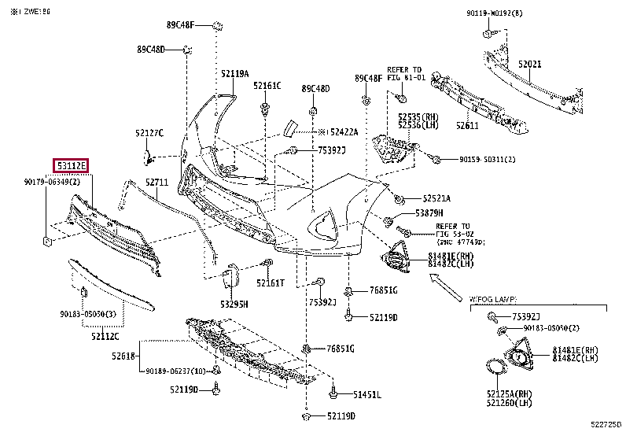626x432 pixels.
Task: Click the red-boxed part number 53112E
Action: (x=70, y=165)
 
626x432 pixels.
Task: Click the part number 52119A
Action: (x=234, y=73)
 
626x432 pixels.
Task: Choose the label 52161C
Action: (x=267, y=85)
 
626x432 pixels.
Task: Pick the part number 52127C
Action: (x=149, y=133)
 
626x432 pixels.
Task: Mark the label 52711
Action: (x=157, y=183)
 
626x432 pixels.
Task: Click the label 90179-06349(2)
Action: (x=52, y=183)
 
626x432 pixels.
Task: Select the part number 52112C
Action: (x=104, y=336)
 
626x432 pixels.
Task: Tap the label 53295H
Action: (x=234, y=304)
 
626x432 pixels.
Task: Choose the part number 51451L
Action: (x=366, y=394)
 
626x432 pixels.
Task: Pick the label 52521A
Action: (x=436, y=198)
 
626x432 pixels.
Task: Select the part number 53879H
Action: (x=429, y=213)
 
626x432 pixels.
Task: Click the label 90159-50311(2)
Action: (x=488, y=160)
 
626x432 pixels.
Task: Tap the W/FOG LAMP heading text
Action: (x=493, y=300)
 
